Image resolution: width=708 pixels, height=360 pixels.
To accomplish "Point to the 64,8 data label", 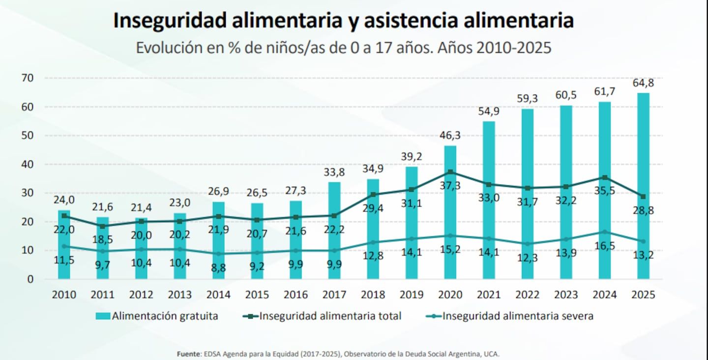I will (x=643, y=83).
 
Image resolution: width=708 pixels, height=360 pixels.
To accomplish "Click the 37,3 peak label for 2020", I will (x=450, y=185).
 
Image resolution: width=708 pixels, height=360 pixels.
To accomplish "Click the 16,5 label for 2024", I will (x=604, y=245).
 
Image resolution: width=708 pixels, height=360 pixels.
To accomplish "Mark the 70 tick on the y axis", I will (x=27, y=78).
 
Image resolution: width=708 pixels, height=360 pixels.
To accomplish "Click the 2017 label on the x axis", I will (x=334, y=295).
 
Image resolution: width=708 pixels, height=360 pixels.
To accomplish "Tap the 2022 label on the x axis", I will (x=528, y=295).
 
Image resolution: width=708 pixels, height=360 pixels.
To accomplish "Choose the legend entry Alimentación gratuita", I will (x=157, y=316).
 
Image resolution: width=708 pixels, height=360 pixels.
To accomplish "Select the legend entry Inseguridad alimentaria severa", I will (x=509, y=316).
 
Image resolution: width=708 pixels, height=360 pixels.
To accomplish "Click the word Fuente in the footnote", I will (x=189, y=354).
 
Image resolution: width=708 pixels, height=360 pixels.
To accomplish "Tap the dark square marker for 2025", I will (x=643, y=197).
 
